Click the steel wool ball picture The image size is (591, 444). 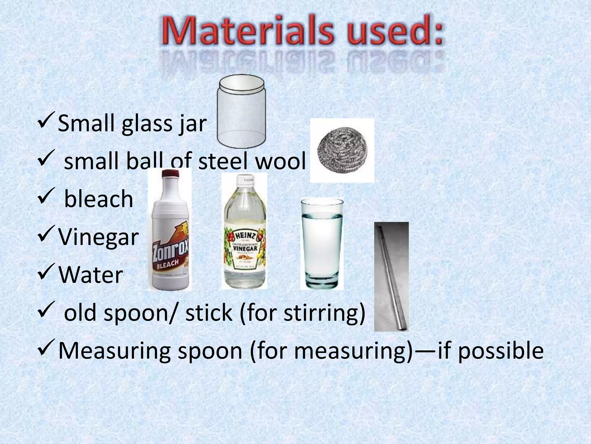342,150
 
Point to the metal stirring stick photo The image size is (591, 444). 392,276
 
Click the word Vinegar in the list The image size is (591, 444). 98,237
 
